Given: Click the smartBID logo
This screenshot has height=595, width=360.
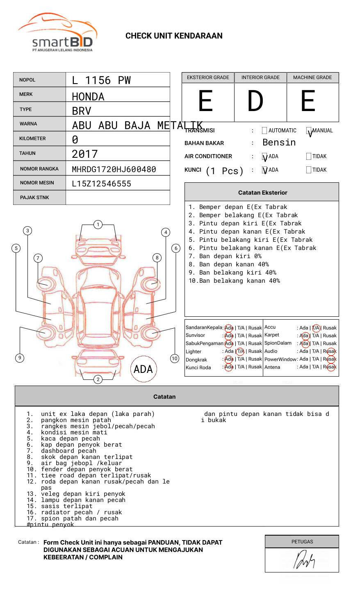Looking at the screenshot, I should click(x=58, y=33).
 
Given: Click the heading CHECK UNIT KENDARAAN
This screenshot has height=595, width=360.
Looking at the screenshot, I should click(x=174, y=36).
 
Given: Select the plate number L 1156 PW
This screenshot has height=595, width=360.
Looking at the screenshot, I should click(x=101, y=80).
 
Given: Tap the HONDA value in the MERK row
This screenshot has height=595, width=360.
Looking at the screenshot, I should click(x=88, y=97).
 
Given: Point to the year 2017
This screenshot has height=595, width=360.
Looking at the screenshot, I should click(x=85, y=154).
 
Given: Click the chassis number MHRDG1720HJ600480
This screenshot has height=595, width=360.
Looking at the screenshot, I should click(x=114, y=169).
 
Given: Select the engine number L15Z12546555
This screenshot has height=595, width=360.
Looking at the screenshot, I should click(x=102, y=184).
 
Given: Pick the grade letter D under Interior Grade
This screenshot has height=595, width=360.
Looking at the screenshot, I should click(x=255, y=101).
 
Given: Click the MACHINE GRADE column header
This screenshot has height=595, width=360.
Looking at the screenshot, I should click(x=312, y=77).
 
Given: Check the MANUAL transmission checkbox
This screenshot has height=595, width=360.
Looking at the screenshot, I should click(x=309, y=131).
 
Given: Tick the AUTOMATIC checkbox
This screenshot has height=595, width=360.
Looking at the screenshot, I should click(x=264, y=131).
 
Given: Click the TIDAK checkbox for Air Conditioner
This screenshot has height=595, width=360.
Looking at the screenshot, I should click(x=309, y=157).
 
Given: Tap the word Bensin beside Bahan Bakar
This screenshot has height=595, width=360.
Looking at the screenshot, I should click(x=279, y=143).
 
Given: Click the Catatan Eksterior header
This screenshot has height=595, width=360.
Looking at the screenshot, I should click(x=262, y=193).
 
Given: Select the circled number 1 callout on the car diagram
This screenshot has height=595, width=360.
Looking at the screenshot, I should click(x=98, y=225).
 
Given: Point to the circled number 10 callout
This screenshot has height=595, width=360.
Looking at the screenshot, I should click(x=175, y=359).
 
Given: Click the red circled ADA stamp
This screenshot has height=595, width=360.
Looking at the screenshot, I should click(x=143, y=369).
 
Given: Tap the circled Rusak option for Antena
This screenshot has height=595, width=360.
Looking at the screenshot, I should click(x=330, y=367).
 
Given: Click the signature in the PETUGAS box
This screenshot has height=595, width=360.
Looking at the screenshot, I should click(x=303, y=561).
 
